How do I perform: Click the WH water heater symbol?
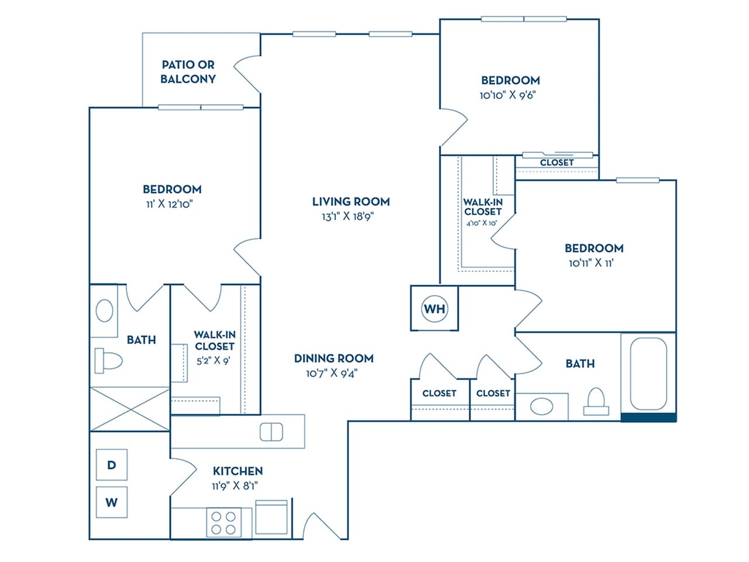pos(434,309)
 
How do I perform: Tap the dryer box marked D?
pos(111,465)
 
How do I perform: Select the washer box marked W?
pos(111,502)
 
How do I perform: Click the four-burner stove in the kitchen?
pos(223,523)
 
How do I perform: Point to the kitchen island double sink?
pos(271,432)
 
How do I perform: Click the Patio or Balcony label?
pos(188,72)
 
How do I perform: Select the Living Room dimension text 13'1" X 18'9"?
pos(351,216)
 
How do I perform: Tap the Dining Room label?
pos(334,358)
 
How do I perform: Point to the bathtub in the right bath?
pos(648,373)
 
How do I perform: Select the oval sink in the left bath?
pos(104,310)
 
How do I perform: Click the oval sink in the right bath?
pos(542,406)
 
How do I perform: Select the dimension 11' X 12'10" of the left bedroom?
pos(170,204)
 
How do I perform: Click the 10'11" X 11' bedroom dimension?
pos(591,263)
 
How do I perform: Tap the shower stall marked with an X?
pos(129,409)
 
